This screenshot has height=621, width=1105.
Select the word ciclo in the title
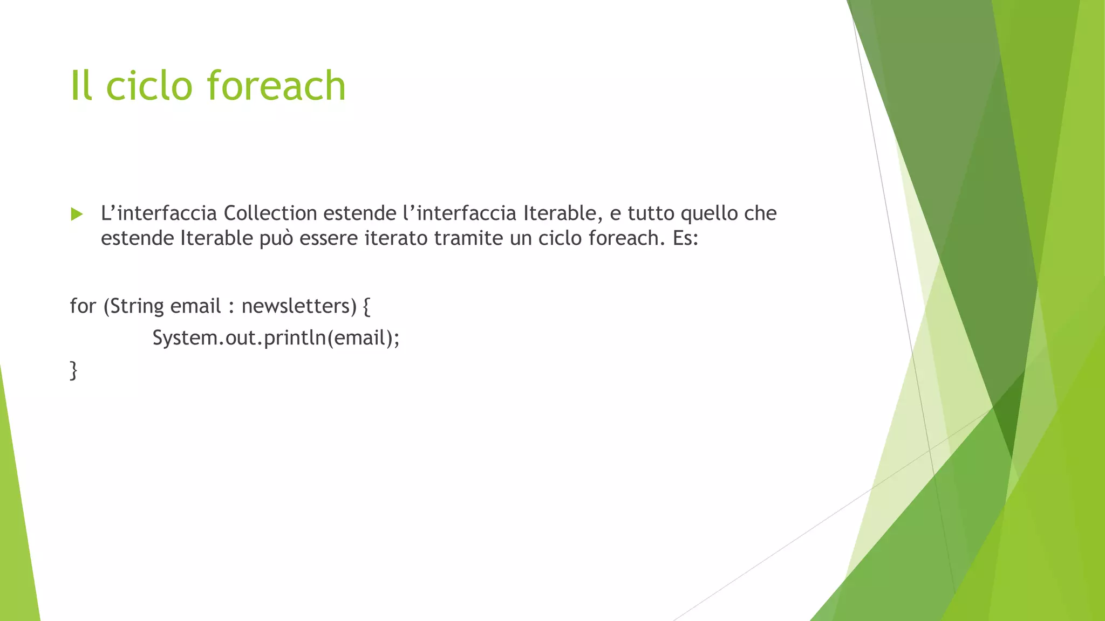click(149, 86)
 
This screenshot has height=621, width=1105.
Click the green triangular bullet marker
click(77, 214)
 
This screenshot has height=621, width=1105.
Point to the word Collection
click(270, 213)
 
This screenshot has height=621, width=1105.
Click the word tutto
click(650, 213)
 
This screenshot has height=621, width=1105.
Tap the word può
click(276, 238)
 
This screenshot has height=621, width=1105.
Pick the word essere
click(329, 238)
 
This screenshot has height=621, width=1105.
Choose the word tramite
click(468, 238)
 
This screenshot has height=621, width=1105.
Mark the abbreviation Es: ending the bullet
click(685, 238)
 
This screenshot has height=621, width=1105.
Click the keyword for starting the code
click(83, 306)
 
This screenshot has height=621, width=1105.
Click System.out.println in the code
click(239, 338)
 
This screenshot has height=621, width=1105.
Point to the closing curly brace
click(73, 371)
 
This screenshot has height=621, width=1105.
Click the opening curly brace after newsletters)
click(366, 306)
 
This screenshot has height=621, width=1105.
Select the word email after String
click(195, 306)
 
